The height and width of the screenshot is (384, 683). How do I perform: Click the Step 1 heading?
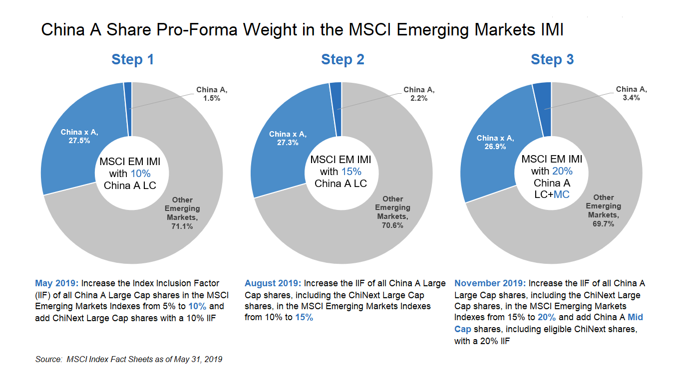click(x=132, y=59)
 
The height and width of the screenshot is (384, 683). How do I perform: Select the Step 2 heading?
click(x=342, y=59)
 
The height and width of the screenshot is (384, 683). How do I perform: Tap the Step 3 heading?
click(x=552, y=59)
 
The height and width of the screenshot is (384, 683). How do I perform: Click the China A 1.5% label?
click(x=208, y=94)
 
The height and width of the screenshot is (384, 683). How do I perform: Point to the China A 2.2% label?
click(x=418, y=94)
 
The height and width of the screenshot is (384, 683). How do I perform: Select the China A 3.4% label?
click(x=631, y=93)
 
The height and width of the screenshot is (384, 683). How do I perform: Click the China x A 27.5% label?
click(x=75, y=136)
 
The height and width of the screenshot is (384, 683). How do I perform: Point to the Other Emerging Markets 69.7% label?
click(x=603, y=210)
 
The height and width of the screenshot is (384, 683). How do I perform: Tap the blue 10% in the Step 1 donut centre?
click(x=140, y=174)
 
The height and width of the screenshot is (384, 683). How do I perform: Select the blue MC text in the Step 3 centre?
click(x=561, y=194)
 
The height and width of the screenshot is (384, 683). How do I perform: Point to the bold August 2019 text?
click(x=273, y=283)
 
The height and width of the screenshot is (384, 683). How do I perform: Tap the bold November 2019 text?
click(x=490, y=283)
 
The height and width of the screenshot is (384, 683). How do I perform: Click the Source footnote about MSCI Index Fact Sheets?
click(x=129, y=359)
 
